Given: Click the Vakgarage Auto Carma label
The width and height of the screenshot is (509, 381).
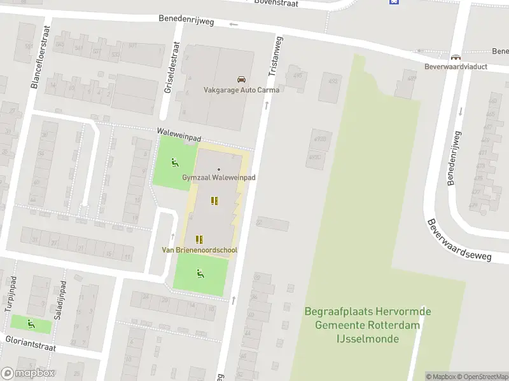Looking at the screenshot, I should click(241, 90).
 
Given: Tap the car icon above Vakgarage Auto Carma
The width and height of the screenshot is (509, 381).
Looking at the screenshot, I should click(241, 79).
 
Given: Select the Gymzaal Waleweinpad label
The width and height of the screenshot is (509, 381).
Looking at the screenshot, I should click(219, 178).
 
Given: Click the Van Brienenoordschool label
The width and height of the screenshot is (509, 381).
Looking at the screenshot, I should click(199, 250).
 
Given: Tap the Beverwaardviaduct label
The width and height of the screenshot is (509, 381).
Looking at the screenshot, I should click(457, 66).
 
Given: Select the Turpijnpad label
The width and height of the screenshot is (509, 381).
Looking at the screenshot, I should click(10, 296).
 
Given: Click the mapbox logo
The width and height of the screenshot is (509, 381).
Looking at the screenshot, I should click(28, 373).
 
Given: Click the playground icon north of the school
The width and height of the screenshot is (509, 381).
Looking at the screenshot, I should click(174, 161).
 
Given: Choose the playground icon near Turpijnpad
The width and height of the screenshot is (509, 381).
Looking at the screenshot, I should click(31, 324).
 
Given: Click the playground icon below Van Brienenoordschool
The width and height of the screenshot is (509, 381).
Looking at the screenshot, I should click(200, 274).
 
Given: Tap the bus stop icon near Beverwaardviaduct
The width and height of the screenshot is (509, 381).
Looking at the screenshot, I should click(455, 57).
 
